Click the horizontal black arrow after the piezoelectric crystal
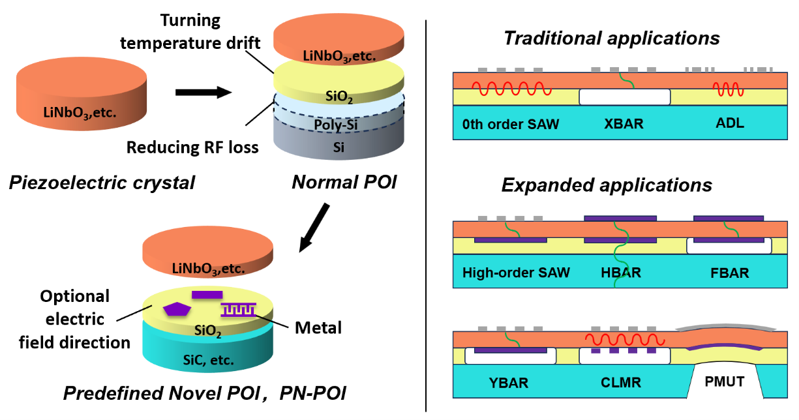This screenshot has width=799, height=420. pos(204,92)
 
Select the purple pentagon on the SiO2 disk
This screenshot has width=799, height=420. pos(175,310)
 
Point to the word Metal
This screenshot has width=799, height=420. pos(318,327)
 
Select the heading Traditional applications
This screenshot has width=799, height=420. pos(611,38)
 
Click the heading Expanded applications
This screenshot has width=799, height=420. pos(607,185)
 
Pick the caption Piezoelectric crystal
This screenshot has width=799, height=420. pos(102,183)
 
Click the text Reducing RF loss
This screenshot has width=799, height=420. pos(192,147)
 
